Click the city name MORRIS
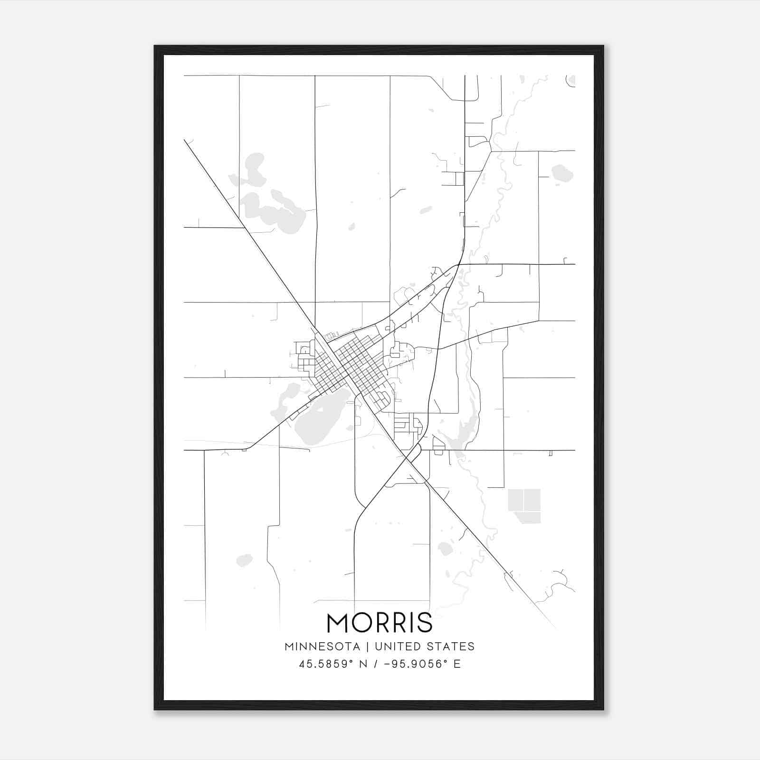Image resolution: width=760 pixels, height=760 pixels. pos(380,622)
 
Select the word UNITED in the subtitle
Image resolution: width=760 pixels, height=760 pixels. pos(397,646)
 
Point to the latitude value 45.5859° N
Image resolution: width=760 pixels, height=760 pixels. pos(333,664)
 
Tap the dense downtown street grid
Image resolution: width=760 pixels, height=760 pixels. pos(349,366)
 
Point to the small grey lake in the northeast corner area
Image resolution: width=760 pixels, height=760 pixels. pos(561,172)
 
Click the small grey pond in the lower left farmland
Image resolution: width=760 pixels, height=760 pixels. pos(244,560)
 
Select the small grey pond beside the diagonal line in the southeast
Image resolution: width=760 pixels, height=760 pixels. pos(445,549)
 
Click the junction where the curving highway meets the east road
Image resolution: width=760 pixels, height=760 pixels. pos(459,264)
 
